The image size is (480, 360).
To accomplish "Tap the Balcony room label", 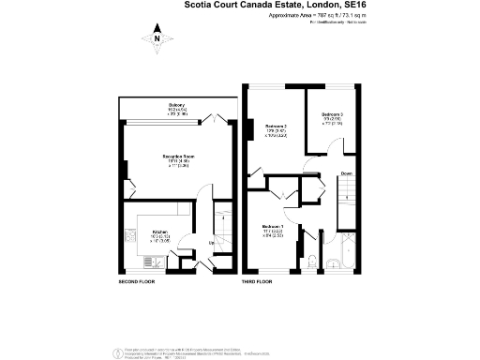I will click(x=175, y=104).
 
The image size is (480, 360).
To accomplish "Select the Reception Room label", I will click(x=178, y=157).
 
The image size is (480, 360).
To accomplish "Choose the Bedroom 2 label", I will click(x=275, y=126).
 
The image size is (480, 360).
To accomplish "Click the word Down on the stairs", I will click(x=346, y=174).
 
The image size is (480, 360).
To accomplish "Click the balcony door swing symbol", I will click(x=217, y=117).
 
